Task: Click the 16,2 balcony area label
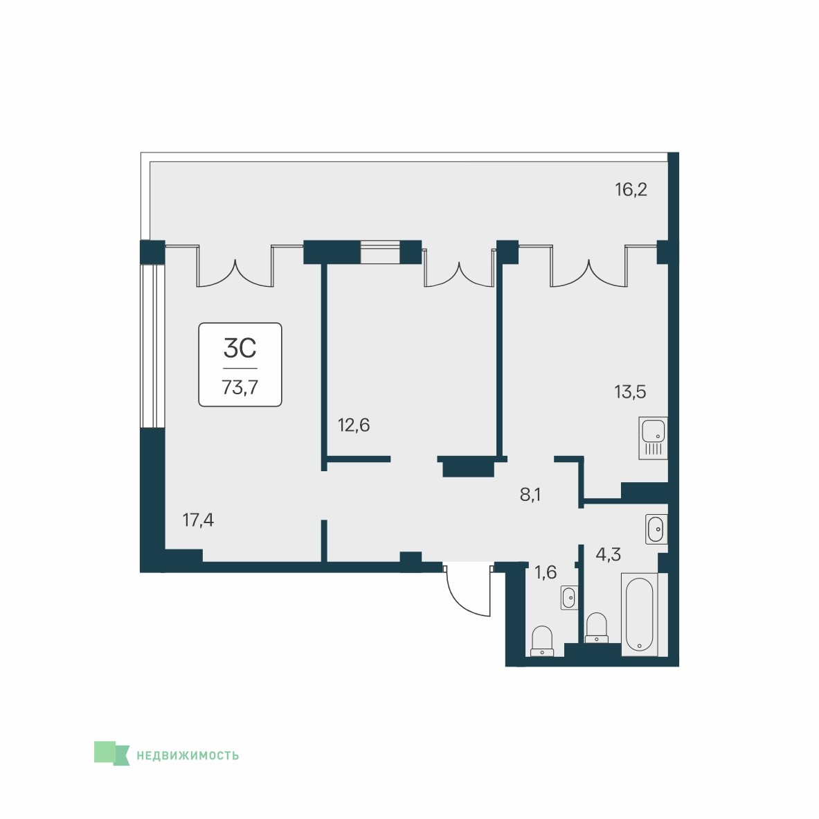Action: tap(631, 189)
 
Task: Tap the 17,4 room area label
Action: tap(198, 520)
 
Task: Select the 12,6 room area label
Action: tap(354, 425)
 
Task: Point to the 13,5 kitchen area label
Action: tap(630, 391)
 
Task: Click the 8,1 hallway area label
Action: tap(530, 495)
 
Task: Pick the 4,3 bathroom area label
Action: tap(608, 554)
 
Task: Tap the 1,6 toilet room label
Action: tap(546, 572)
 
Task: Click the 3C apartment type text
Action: tap(240, 348)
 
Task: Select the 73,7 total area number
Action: tap(240, 387)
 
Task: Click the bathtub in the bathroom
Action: tap(639, 615)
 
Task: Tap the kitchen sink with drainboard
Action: tap(653, 438)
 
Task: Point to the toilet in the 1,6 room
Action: tap(542, 641)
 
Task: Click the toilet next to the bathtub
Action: tap(597, 628)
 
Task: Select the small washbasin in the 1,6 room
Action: tap(569, 597)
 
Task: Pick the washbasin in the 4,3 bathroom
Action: tap(656, 529)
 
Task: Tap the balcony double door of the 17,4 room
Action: tap(235, 267)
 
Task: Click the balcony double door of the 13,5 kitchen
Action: tap(588, 267)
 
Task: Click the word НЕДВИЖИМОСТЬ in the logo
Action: tap(188, 755)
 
